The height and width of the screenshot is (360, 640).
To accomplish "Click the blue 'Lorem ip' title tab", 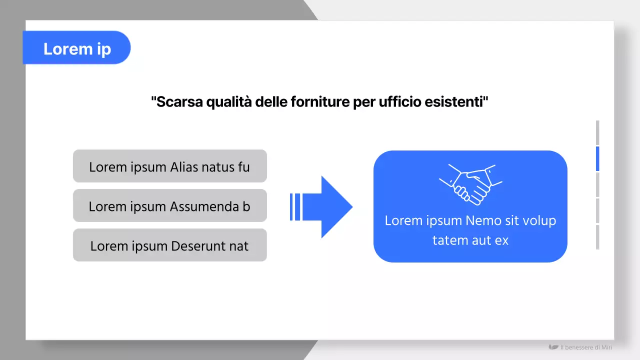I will [x=76, y=48].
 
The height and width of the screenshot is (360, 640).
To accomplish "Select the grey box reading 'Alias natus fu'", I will [x=169, y=166].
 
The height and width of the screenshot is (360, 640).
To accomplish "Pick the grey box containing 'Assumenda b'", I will [x=169, y=205].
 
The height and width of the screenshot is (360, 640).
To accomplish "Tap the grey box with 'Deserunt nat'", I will [x=169, y=245].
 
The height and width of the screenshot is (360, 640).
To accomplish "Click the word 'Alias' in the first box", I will [x=184, y=166].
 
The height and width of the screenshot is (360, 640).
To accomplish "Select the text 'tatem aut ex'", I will [x=470, y=240].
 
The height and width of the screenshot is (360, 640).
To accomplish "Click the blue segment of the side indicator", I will [x=597, y=158].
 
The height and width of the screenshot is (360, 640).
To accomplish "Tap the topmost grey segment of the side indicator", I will [x=597, y=132].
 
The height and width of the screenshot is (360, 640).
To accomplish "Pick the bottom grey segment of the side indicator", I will [x=597, y=237].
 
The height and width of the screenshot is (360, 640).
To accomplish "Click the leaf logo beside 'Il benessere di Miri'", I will [x=553, y=347].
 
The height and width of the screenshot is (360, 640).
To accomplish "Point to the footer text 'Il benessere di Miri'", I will [x=586, y=347].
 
